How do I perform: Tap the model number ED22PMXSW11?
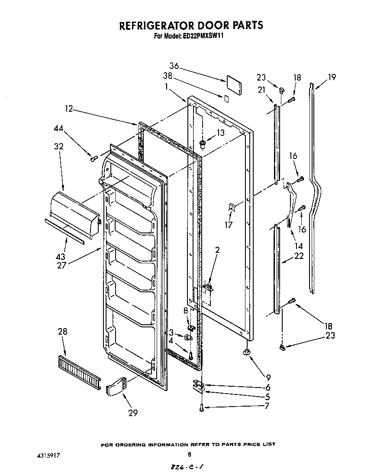(201, 36)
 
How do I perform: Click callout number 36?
(174, 66)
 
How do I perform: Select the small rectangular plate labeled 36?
(234, 84)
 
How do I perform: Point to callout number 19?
(332, 78)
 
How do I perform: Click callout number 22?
(299, 256)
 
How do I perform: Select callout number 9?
(269, 377)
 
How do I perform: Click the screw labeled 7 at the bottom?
(201, 407)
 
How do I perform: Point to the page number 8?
(189, 455)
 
